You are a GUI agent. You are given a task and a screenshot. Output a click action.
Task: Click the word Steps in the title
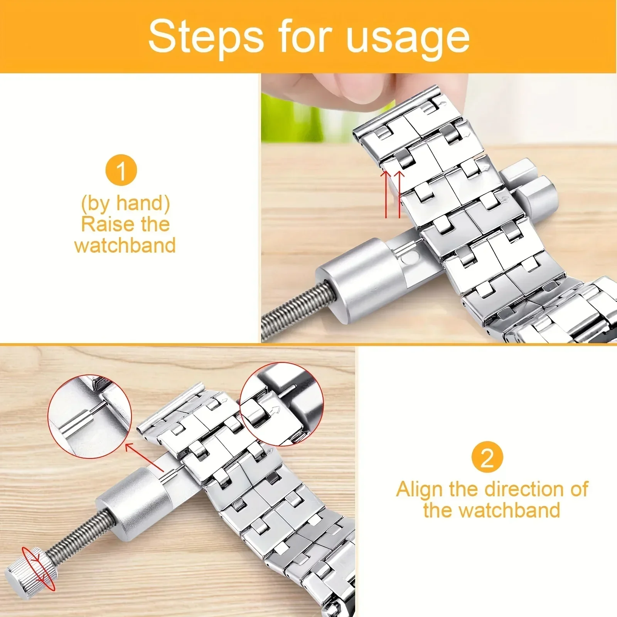point(206,37)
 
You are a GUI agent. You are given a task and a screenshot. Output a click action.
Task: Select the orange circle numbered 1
point(121,170)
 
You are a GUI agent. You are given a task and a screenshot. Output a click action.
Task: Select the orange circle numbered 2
point(487,457)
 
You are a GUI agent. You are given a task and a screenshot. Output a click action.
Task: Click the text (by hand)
point(125,203)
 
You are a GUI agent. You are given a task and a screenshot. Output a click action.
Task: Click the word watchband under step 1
point(125,245)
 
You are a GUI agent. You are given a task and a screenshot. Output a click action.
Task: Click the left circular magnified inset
point(89,416)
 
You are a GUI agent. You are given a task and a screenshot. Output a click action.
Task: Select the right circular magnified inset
point(282,404)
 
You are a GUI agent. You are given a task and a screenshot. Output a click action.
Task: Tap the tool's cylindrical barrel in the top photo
point(359,280)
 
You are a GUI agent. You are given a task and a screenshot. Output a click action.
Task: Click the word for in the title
point(305,37)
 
